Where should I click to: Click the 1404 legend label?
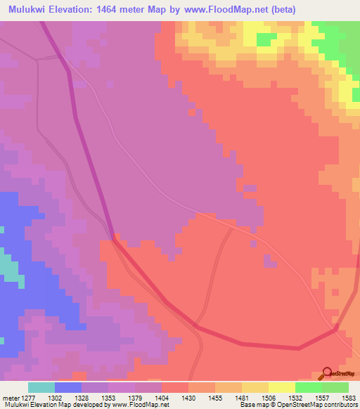click(x=161, y=397)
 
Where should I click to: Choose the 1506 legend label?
click(x=268, y=397)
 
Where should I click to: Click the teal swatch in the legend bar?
click(x=41, y=387)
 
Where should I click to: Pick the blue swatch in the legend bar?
click(x=67, y=387)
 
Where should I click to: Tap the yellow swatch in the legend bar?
click(x=281, y=387)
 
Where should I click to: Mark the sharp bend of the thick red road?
click(x=336, y=328)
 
